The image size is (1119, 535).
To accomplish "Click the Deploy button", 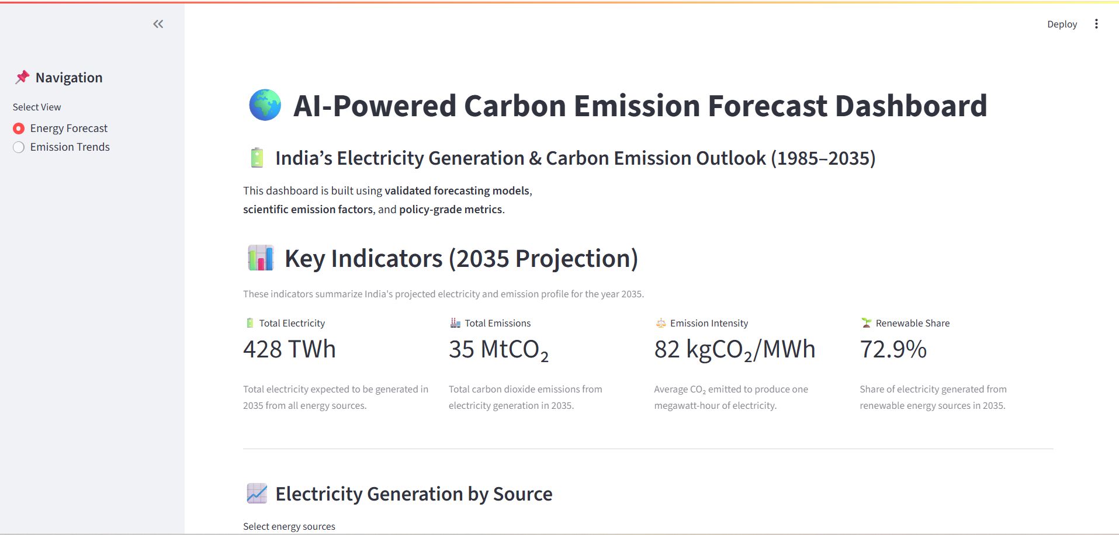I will [x=1062, y=24].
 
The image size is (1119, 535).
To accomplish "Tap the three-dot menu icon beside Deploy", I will [x=1096, y=24].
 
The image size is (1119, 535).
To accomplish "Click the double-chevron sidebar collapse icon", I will [x=158, y=24].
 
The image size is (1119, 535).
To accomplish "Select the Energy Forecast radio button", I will [x=19, y=128].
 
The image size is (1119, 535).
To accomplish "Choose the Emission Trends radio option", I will [x=19, y=147].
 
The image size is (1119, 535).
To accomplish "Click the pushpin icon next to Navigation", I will [x=22, y=77].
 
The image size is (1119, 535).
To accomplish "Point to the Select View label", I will [x=37, y=107].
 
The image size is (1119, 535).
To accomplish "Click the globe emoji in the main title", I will [x=265, y=105].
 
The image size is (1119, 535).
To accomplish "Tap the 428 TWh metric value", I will [x=289, y=349].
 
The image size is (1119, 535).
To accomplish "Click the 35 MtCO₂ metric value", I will [x=498, y=349].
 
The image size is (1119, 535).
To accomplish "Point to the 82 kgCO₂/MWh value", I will [x=734, y=349].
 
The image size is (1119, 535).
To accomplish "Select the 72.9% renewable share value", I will [x=893, y=349].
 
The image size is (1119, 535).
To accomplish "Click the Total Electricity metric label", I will [x=292, y=323].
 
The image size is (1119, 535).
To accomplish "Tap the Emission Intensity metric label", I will [x=709, y=323].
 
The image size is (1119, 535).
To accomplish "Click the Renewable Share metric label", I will [x=912, y=323].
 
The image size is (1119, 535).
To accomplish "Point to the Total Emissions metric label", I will [x=497, y=323].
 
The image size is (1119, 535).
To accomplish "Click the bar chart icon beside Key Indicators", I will [x=261, y=258].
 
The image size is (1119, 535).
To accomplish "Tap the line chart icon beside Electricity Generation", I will [x=257, y=494].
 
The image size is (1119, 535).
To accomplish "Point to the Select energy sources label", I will [x=289, y=526].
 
